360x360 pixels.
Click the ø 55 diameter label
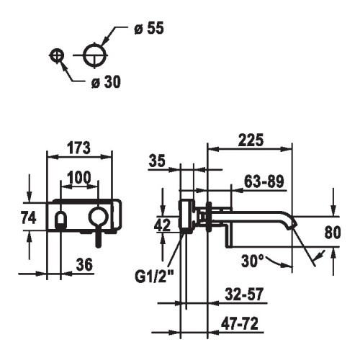pos(149,28)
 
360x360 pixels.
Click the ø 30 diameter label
pos(106,82)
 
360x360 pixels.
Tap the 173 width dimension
pos(78,148)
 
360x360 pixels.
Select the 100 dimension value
pos(79,177)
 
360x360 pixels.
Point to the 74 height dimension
pos(29,217)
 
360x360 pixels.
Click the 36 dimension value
pos(84,265)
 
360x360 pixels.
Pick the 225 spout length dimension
pos(251,140)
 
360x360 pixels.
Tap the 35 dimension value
pos(157,161)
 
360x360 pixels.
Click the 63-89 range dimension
pos(264,181)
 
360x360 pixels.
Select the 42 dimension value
pos(163,225)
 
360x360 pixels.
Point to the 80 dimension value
pos(333,233)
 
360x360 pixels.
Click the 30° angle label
pos(253,261)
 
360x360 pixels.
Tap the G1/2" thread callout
pos(154,276)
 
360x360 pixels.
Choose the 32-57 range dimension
pos(244,294)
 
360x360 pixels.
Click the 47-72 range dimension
pos(240,323)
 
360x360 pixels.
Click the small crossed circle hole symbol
pos(57,55)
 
